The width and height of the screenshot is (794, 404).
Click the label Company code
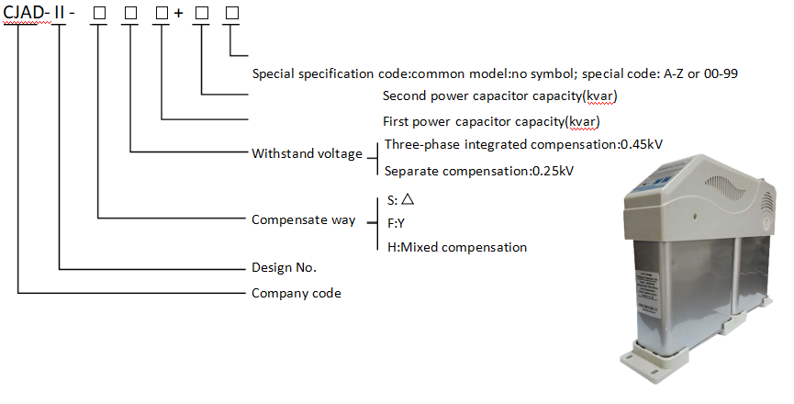296,294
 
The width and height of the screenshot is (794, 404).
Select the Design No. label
284,268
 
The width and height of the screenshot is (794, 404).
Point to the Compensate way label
303,220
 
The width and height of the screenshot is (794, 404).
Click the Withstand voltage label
307,153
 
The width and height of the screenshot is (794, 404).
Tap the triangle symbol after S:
408,198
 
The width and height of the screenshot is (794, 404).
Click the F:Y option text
395,222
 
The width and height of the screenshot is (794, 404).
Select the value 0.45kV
643,144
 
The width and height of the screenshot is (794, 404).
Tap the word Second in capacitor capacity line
403,95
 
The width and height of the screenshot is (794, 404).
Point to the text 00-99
721,73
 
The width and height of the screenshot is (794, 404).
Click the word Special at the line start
274,73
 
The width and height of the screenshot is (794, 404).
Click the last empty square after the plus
229,15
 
